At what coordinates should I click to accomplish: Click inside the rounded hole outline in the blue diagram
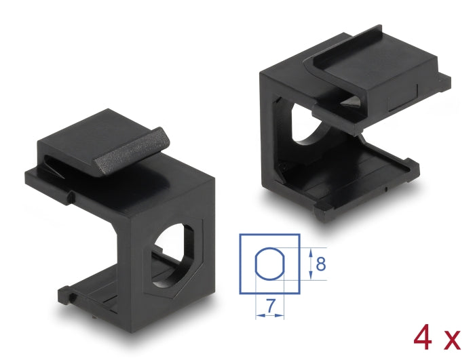coord(269,265)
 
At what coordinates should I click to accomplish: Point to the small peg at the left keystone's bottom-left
coord(64,296)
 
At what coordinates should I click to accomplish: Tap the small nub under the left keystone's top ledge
coord(70,197)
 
